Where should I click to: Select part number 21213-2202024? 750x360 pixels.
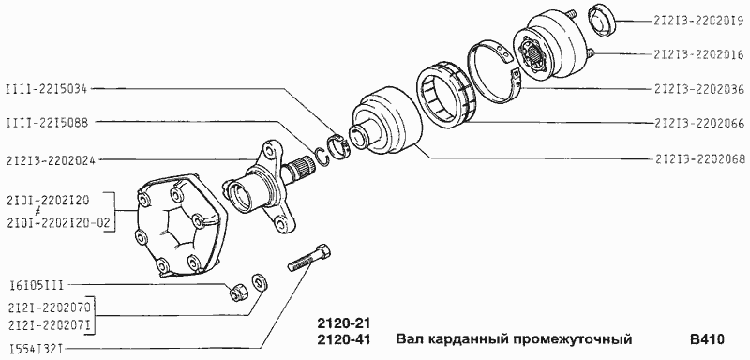coord(59,159)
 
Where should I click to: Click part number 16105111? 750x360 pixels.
coord(36,282)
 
